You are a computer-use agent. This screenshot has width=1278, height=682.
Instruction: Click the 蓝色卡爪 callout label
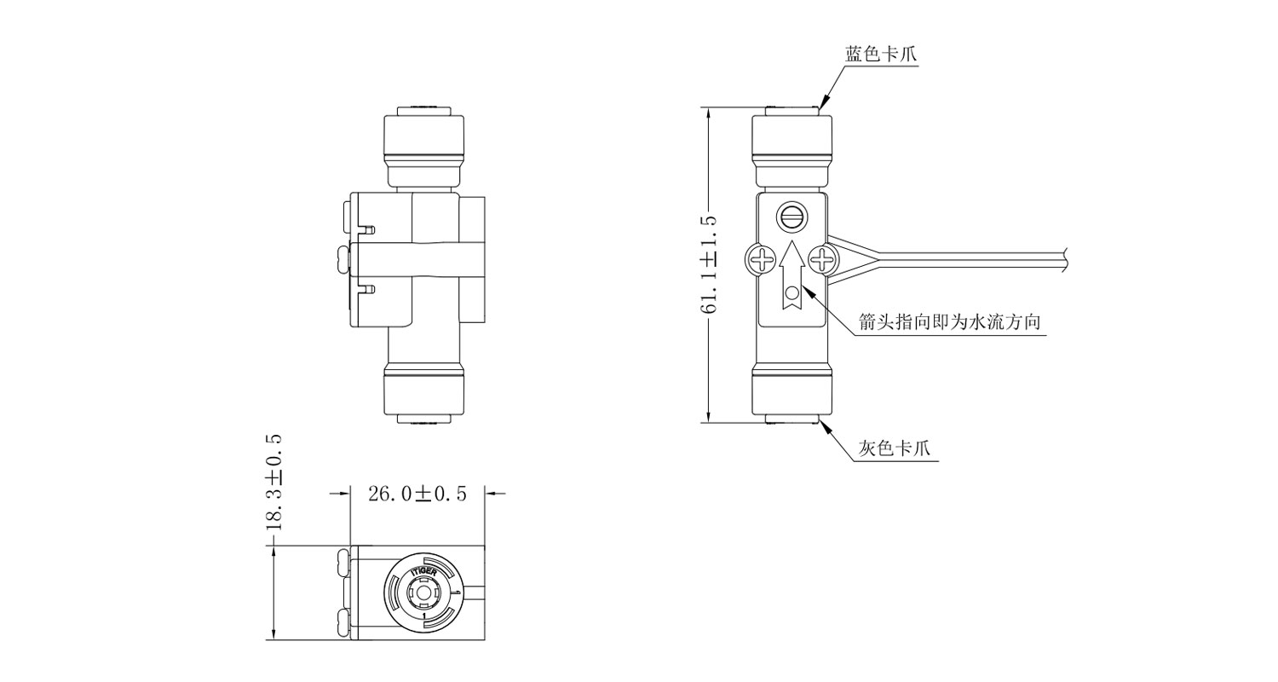pos(881,55)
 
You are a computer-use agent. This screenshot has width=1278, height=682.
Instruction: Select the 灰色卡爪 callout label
pos(895,448)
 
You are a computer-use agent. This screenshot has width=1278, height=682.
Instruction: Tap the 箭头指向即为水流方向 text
pos(950,322)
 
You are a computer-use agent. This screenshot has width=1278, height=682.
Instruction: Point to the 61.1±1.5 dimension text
pos(709,265)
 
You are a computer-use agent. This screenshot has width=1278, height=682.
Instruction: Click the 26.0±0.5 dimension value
pos(417,494)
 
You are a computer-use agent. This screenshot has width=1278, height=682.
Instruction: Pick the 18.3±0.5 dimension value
pos(274,483)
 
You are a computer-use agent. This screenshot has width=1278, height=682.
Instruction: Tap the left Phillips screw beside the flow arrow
pos(761,260)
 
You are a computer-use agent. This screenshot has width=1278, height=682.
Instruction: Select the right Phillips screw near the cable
pos(823,260)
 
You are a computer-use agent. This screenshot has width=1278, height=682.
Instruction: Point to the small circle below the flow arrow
pos(792,294)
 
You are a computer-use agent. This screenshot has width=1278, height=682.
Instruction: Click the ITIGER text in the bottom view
pos(424,572)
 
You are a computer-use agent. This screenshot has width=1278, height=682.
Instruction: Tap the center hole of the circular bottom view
pos(423,593)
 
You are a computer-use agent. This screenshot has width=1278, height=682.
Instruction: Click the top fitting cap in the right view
pos(792,139)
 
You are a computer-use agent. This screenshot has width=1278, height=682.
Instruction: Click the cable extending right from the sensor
pos(947,261)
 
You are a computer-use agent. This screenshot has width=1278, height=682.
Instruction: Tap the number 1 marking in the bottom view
pos(424,616)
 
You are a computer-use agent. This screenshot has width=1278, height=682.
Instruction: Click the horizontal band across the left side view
pos(418,260)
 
